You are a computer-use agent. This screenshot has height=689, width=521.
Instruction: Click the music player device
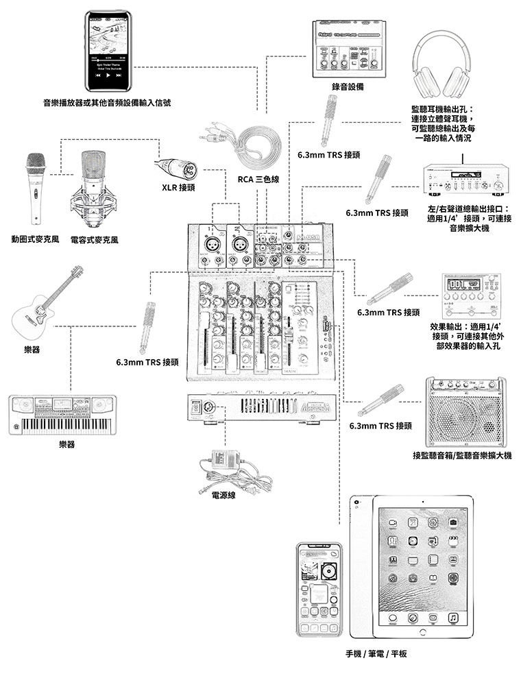coord(110,51)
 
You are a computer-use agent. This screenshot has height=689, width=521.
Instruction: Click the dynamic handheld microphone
coord(36,185)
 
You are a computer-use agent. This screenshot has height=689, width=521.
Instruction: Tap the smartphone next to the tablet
coord(319,590)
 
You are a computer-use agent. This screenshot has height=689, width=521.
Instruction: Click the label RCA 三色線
coord(258,180)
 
